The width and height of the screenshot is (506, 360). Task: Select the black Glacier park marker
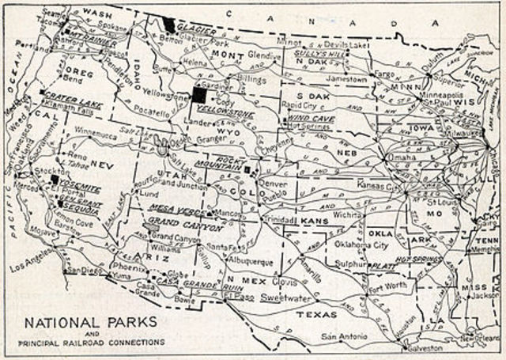tap(169, 24)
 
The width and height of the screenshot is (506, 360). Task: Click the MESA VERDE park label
tap(172, 208)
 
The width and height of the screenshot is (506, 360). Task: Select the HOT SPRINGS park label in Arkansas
tap(414, 258)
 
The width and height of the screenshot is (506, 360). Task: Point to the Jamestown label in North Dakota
tap(347, 80)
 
